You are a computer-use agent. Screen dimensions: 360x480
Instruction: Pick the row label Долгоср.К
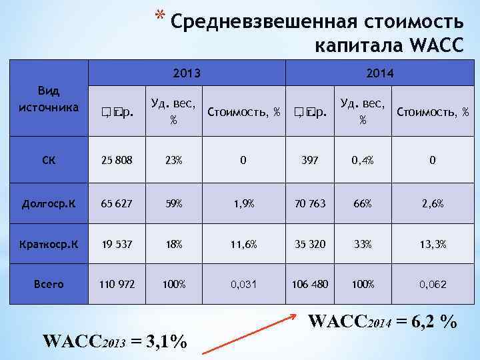(49, 203)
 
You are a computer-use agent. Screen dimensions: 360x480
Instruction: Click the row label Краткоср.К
(49, 243)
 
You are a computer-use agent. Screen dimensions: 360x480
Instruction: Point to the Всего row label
(49, 284)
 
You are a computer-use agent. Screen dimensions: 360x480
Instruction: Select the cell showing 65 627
(117, 203)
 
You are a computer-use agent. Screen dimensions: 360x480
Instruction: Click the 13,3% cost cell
(433, 243)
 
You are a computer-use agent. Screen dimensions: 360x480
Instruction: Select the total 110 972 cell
(117, 284)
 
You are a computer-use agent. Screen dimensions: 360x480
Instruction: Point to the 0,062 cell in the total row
(433, 284)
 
